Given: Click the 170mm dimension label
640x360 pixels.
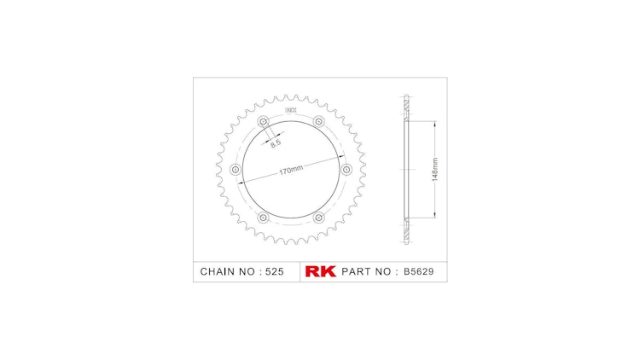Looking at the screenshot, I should pos(291,170).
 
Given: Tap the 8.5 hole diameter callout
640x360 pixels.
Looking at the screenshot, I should pos(276,143).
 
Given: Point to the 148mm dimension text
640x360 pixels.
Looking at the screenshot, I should pos(435,169).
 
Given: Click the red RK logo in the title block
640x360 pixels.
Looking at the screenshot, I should pos(320,271).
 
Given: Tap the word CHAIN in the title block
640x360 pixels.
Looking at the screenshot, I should pos(218,271).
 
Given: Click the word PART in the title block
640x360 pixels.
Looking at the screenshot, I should pos(358,271).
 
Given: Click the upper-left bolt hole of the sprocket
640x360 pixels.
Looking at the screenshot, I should pos(263,120).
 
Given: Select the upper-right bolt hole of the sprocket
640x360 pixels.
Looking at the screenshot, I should pos(318,120).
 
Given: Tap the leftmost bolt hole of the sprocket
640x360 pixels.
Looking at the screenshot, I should pos(236,169).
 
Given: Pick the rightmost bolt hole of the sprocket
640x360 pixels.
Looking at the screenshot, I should pos(346,169).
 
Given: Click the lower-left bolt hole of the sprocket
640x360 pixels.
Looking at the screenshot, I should pos(263,218).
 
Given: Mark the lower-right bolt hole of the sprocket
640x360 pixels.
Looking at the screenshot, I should pos(318,218).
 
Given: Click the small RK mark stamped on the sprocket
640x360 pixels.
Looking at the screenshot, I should pos(290,109).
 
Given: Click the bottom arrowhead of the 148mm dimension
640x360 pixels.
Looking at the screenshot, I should pos(435,216).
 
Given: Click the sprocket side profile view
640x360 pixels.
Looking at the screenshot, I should pos(406,169).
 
